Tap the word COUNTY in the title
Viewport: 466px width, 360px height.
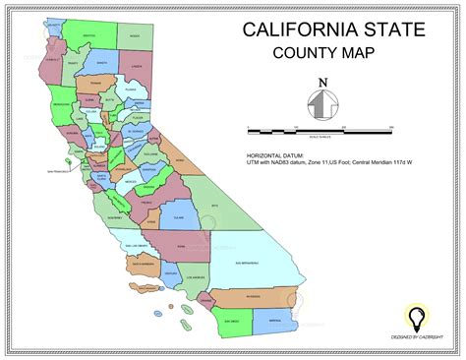click(302, 55)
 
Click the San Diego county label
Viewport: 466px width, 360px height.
click(232, 321)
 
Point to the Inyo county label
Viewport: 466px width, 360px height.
click(211, 206)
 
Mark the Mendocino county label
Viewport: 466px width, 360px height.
click(61, 102)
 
